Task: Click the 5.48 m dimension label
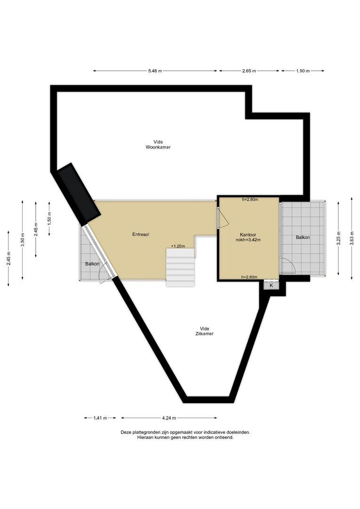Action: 155,71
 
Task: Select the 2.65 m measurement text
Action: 249,71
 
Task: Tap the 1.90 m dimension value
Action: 303,71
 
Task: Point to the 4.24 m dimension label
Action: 169,418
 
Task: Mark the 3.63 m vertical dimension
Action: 352,238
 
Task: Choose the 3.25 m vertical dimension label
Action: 339,238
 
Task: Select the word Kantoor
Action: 248,234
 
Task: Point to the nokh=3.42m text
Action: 249,240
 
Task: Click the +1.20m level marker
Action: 178,246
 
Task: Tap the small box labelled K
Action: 271,286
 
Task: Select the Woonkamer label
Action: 158,147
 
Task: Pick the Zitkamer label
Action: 204,334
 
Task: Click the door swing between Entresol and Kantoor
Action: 222,217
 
